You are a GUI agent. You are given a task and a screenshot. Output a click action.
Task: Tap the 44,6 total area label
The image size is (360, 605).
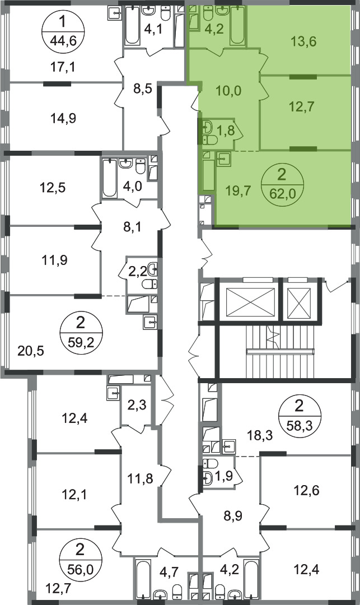[x=63, y=39]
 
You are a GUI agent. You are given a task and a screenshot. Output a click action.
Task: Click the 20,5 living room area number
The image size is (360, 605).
[x=31, y=351]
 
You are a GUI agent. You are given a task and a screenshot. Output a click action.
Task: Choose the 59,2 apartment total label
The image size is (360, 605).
[x=81, y=341]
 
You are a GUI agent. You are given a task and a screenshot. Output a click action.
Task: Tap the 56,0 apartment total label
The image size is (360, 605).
[x=80, y=567]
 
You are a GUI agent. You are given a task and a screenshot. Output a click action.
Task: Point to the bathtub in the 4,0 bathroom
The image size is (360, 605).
[x=109, y=178]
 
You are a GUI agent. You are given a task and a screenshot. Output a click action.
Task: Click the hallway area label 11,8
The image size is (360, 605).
[x=140, y=479]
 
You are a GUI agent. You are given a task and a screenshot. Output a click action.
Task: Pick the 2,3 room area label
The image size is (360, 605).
[x=138, y=406]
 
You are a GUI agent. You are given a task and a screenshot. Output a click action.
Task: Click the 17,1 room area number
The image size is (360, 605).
[x=63, y=68]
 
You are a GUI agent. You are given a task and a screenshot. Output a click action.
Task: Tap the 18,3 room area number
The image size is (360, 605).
[x=260, y=436]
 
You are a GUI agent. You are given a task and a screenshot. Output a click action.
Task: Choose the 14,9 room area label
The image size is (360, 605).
[x=63, y=118]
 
